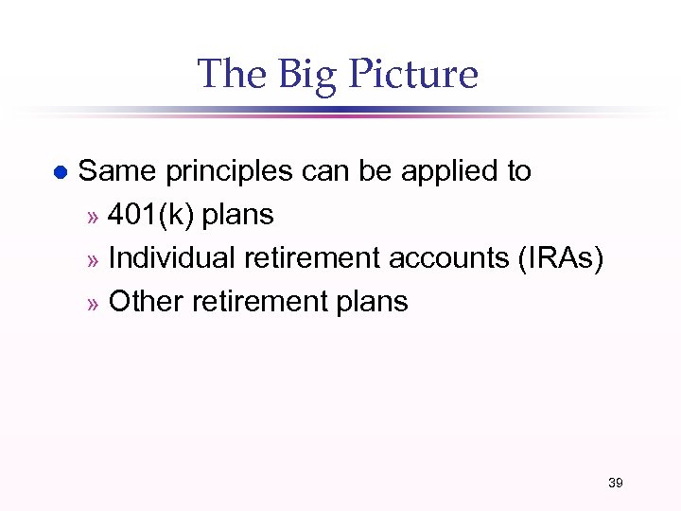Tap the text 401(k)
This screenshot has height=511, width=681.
pyautogui.click(x=151, y=216)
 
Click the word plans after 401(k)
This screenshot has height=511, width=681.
pyautogui.click(x=237, y=216)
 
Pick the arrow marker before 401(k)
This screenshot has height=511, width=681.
pyautogui.click(x=93, y=217)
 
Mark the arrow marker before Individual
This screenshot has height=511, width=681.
pyautogui.click(x=93, y=260)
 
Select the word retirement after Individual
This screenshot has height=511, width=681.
pyautogui.click(x=298, y=258)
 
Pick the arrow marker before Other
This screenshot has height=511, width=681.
pyautogui.click(x=93, y=304)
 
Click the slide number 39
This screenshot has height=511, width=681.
pyautogui.click(x=615, y=484)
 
